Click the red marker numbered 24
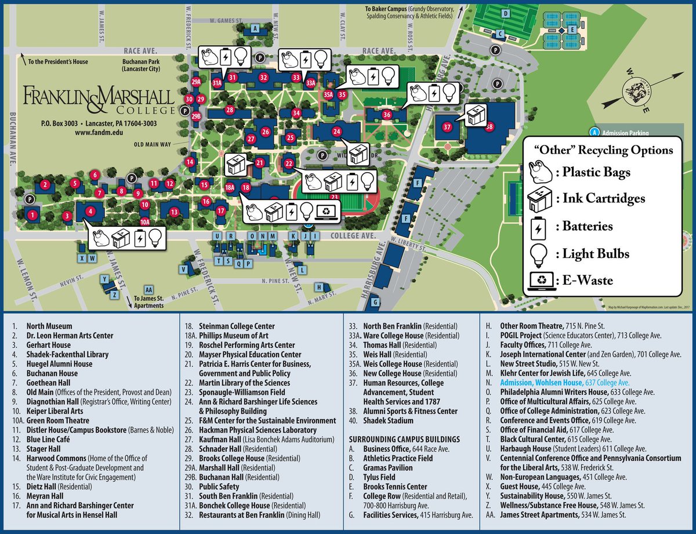pyautogui.click(x=337, y=132)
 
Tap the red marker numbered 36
pyautogui.click(x=387, y=115)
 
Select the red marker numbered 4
pyautogui.click(x=90, y=212)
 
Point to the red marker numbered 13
pyautogui.click(x=174, y=212)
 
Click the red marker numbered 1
pyautogui.click(x=33, y=215)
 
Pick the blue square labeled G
pyautogui.click(x=375, y=302)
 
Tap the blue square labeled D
pyautogui.click(x=505, y=13)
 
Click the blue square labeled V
pyautogui.click(x=184, y=270)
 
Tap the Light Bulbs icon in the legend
pyautogui.click(x=541, y=253)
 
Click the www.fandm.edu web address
pyautogui.click(x=99, y=133)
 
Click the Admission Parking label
pyautogui.click(x=623, y=133)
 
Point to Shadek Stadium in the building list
pyautogui.click(x=388, y=420)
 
